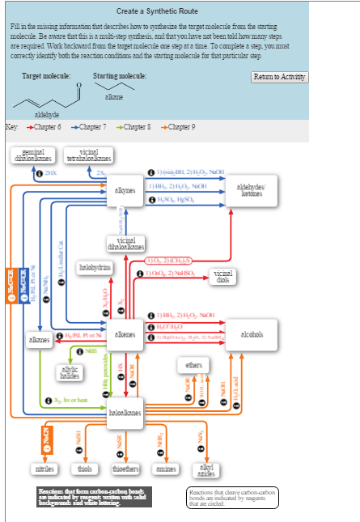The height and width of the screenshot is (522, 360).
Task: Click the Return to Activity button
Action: tap(280, 76)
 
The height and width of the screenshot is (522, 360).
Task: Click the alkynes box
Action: tap(125, 190)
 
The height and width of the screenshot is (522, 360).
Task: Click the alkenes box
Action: tap(125, 334)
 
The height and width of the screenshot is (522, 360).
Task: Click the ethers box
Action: tap(195, 366)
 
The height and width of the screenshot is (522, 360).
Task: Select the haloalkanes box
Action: tap(125, 412)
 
